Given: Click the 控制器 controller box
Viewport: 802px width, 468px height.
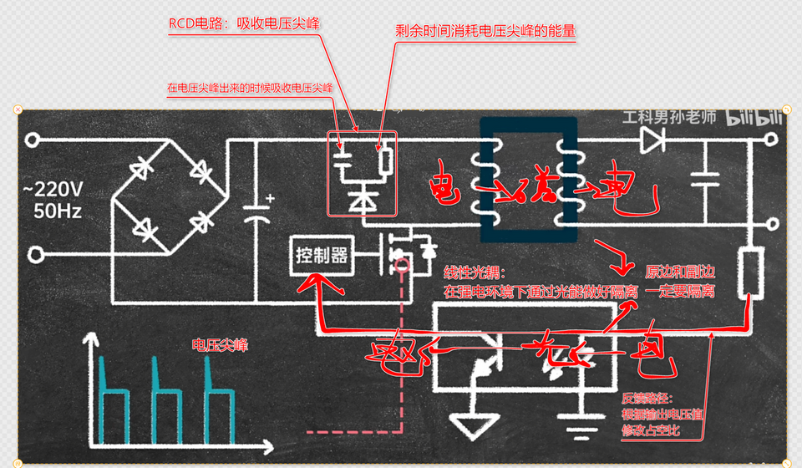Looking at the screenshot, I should pos(321,256).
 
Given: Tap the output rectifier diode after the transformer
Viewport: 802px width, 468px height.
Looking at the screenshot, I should pos(652,140).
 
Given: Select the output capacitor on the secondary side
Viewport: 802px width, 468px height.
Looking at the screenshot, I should pos(706,176).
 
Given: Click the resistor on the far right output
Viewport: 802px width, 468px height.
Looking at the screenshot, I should pos(749,272).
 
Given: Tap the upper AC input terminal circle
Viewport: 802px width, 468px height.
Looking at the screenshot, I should pos(34,140).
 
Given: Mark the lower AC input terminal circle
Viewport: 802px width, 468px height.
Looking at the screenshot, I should pos(34,253).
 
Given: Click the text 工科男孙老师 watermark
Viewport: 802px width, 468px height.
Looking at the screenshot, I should pos(669,119).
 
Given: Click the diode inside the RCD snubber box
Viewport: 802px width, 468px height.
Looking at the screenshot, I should pos(362,200).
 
